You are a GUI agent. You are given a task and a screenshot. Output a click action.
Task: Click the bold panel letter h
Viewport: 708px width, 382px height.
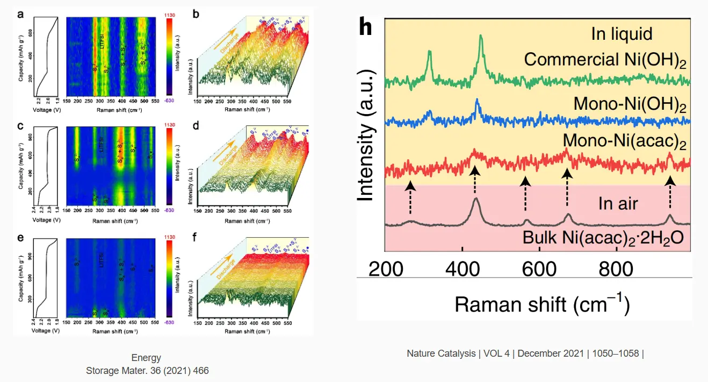(x=365, y=27)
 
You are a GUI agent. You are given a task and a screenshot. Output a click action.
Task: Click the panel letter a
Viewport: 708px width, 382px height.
(x=20, y=15)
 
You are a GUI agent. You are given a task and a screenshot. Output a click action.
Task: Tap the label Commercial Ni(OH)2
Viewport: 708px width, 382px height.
(x=605, y=59)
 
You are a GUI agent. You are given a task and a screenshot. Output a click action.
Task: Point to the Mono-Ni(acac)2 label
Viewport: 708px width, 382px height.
(x=625, y=141)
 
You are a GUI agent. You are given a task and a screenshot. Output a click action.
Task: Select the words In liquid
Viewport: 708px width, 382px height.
(x=622, y=34)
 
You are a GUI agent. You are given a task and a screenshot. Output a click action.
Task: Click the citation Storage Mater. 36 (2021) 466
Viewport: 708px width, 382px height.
(x=147, y=371)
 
